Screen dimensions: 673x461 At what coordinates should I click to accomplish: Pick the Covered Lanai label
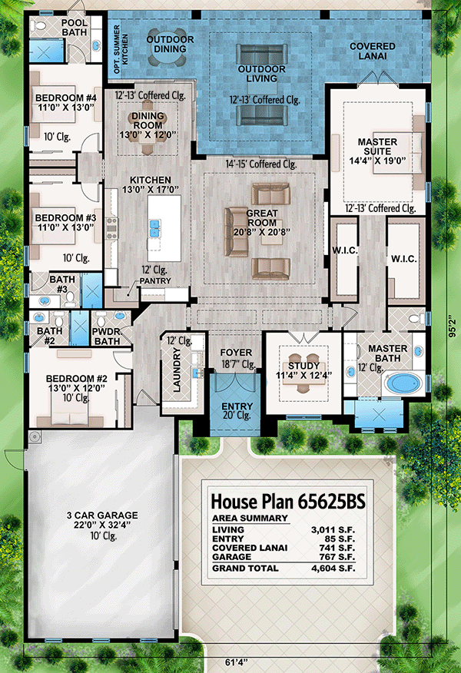373,51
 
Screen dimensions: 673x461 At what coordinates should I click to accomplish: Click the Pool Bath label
75,28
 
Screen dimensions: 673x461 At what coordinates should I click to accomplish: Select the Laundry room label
177,370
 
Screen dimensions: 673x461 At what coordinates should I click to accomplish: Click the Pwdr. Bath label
108,336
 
